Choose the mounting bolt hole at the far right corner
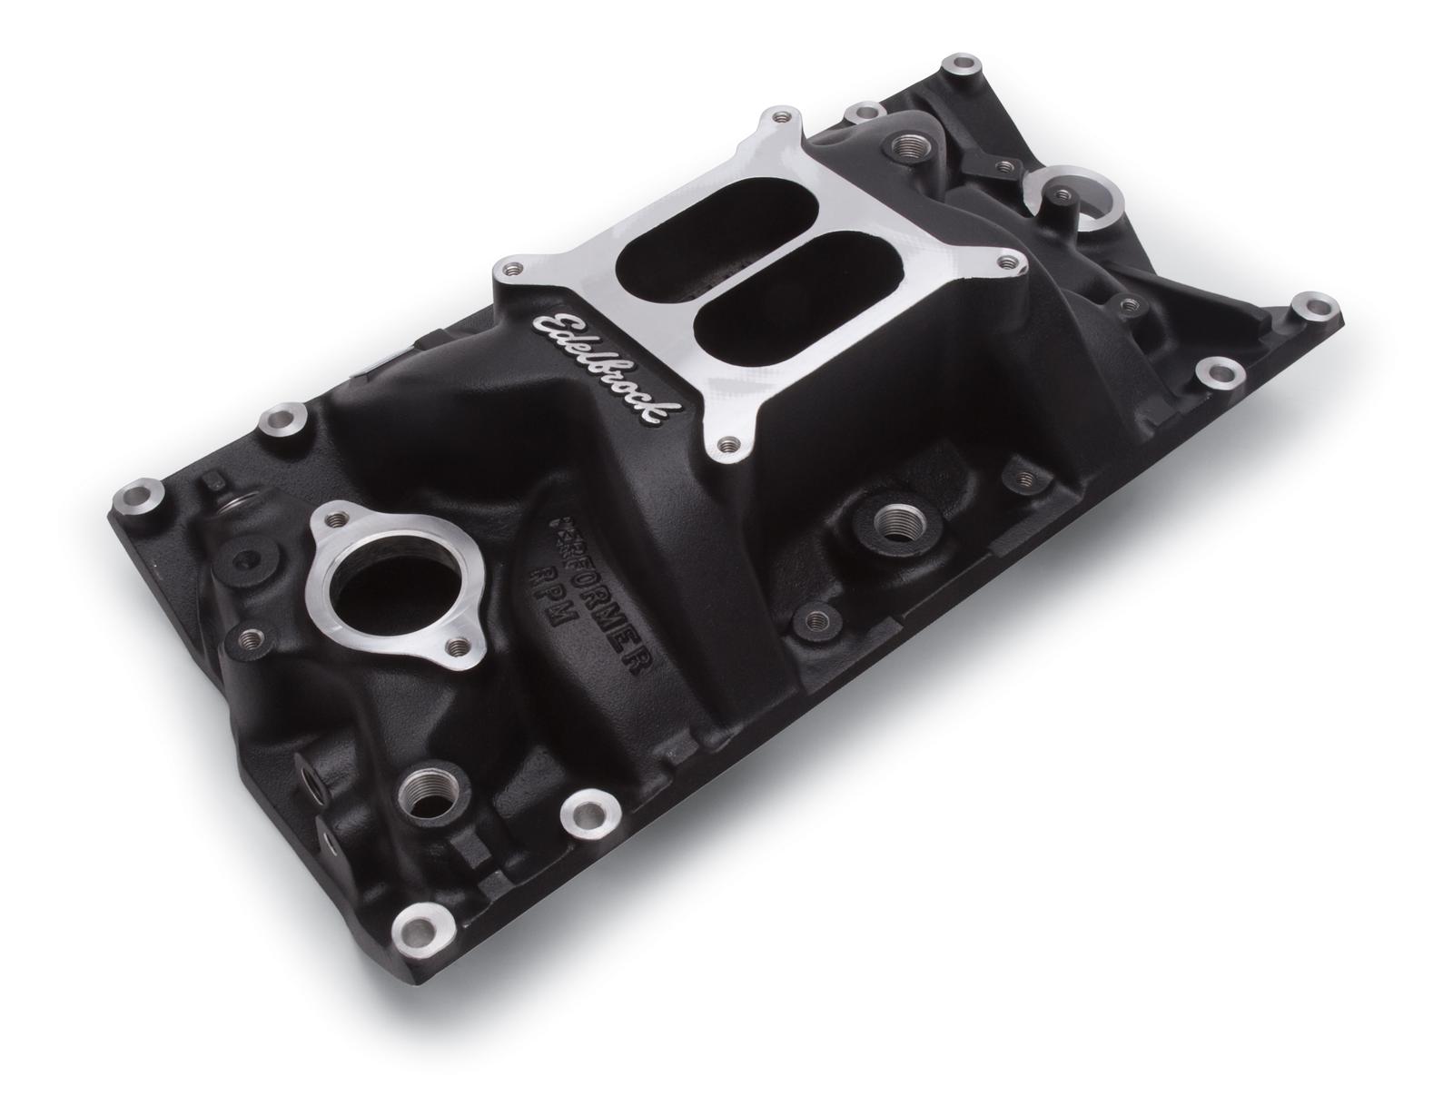(x=1309, y=305)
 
